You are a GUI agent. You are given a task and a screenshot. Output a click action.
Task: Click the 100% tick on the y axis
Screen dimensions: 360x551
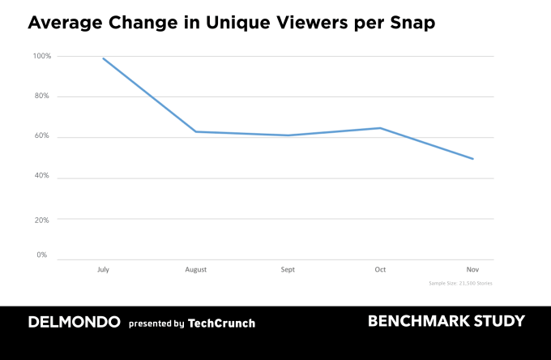[41, 56]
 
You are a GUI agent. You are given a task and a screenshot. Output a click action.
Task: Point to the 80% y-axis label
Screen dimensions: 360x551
[42, 96]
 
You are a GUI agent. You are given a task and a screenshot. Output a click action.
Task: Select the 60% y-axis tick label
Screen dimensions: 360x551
[42, 136]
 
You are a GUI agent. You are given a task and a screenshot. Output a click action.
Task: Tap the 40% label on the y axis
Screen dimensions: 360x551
[42, 176]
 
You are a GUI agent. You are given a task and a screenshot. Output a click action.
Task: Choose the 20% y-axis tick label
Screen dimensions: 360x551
[42, 219]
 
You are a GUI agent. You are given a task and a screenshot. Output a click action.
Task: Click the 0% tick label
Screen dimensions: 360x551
[41, 255]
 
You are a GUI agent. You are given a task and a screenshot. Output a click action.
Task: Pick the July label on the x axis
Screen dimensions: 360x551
[103, 269]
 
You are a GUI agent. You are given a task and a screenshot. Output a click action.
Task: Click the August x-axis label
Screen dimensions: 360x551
[195, 269]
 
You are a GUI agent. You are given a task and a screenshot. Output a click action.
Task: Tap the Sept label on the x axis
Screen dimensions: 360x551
[288, 269]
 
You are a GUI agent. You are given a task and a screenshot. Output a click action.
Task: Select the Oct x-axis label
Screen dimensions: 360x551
[380, 269]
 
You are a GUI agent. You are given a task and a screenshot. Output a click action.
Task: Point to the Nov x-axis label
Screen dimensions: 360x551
[472, 269]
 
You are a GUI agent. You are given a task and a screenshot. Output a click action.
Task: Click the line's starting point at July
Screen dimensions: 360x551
[103, 58]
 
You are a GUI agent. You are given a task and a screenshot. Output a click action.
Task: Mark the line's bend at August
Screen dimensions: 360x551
[195, 131]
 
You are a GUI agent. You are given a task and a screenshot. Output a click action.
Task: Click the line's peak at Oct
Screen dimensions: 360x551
[380, 128]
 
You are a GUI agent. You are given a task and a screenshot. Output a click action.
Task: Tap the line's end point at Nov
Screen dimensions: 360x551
[472, 159]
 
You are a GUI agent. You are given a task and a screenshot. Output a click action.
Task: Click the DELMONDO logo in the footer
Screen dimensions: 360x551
[74, 322]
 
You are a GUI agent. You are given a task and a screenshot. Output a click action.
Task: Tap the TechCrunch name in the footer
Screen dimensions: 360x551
[221, 323]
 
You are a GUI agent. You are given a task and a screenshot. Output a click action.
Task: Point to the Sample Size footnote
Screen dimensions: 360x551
[460, 283]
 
